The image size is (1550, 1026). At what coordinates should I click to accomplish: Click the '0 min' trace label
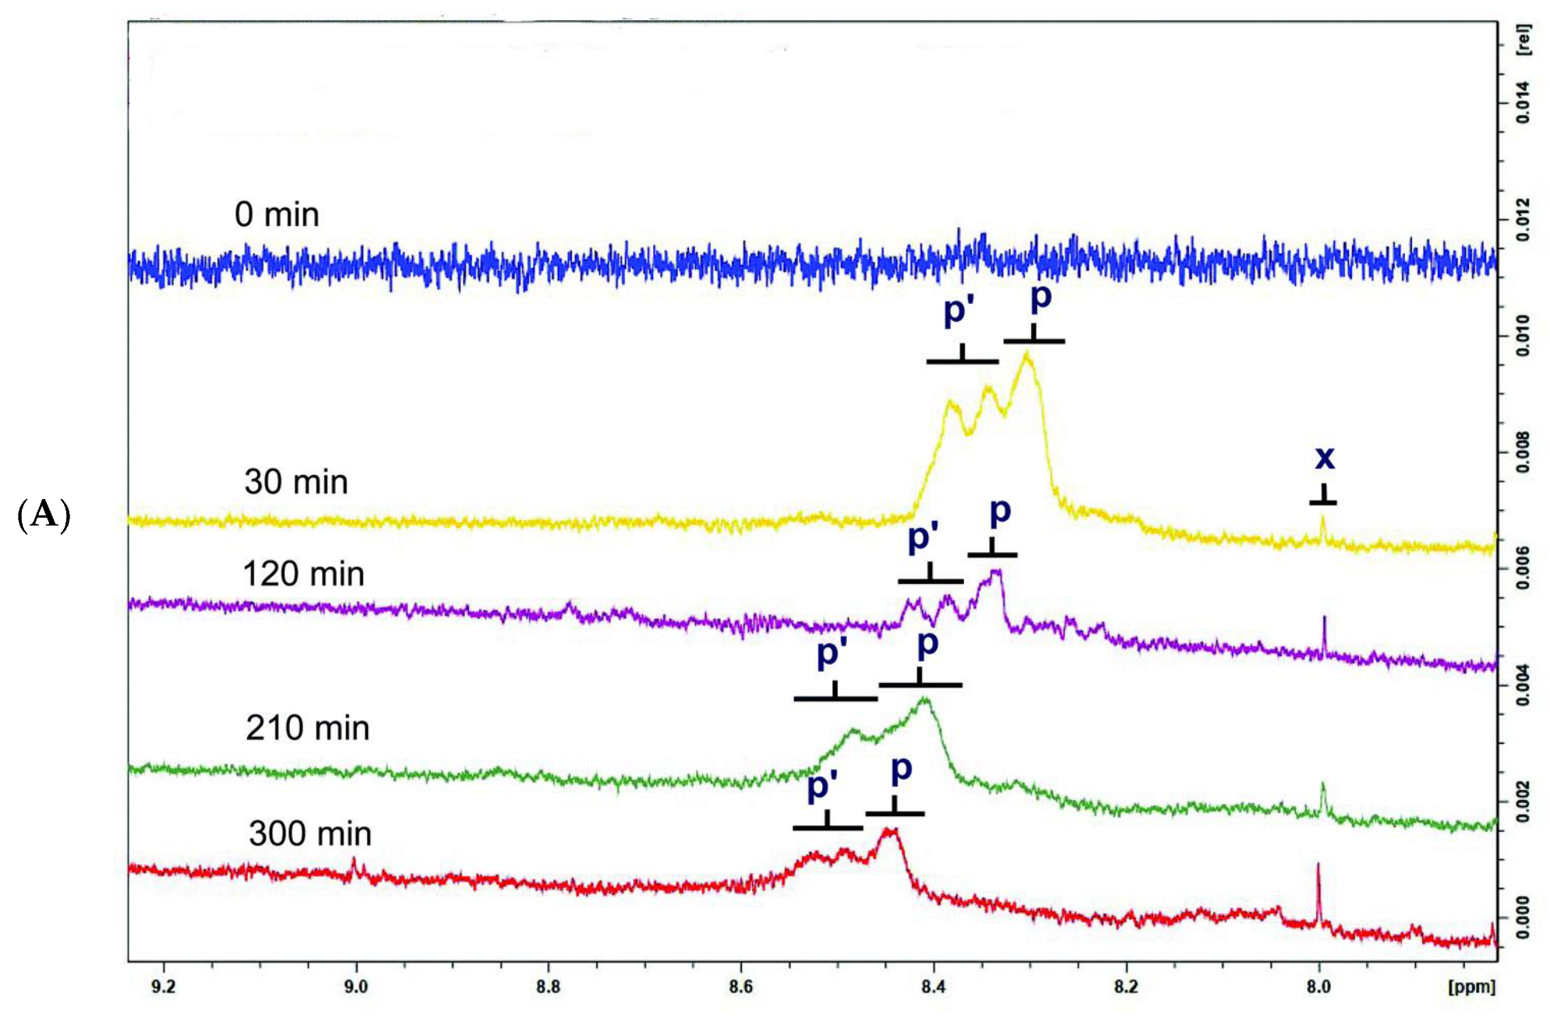click(277, 214)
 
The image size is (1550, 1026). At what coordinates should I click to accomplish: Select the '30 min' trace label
click(295, 482)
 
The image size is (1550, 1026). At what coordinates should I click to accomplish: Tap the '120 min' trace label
click(303, 574)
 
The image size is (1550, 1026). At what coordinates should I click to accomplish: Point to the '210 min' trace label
click(307, 728)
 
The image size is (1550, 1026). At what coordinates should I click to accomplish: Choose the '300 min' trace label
click(309, 834)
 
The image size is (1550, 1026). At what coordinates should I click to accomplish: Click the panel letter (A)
click(44, 515)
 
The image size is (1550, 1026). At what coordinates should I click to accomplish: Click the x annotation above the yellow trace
click(1324, 458)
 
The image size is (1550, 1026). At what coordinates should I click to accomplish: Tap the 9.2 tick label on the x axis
click(163, 987)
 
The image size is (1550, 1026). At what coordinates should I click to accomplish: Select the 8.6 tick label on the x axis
click(741, 987)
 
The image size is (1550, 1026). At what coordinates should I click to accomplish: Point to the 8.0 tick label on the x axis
click(1319, 987)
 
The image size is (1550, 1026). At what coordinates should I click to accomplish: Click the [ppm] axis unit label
click(1471, 987)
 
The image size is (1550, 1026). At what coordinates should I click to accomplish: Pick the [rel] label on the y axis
click(1523, 39)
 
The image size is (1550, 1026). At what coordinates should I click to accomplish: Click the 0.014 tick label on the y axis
click(1523, 102)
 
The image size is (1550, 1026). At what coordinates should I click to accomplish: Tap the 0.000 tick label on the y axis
click(1523, 918)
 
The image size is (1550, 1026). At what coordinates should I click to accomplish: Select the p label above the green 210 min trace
click(927, 644)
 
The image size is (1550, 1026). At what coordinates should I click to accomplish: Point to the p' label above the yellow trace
click(959, 310)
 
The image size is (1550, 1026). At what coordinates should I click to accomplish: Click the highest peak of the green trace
click(925, 699)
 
